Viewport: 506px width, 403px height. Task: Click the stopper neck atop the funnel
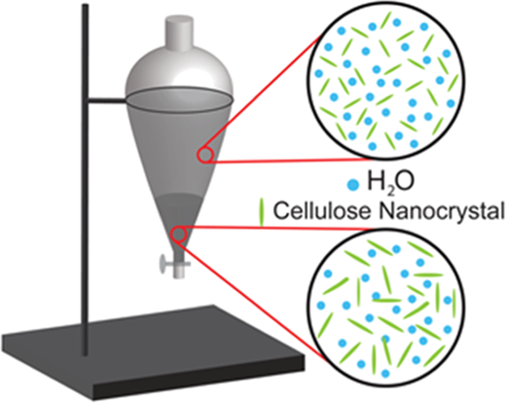[179, 33]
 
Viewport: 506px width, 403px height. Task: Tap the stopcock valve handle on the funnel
[163, 263]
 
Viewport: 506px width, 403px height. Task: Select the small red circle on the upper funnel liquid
[205, 155]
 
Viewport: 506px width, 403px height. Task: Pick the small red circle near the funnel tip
[178, 235]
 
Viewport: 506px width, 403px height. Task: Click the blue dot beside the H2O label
[352, 185]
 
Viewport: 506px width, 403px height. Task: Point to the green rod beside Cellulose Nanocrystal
[262, 212]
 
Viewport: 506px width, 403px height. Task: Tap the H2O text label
[390, 183]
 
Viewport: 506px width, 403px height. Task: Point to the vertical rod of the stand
[86, 179]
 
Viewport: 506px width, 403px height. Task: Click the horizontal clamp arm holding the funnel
[107, 101]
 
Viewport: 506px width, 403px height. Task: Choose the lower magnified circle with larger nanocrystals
[387, 306]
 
